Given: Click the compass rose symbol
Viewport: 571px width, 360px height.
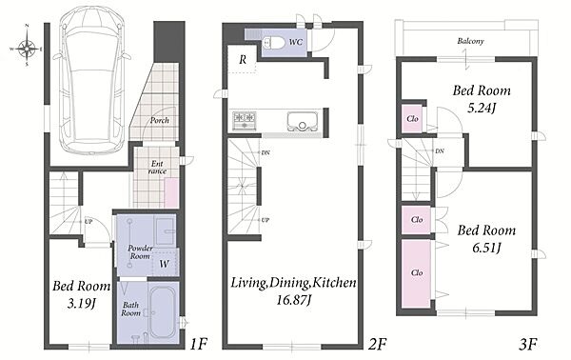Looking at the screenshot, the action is [27, 47].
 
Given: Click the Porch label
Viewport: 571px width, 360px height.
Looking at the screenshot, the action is [160, 120].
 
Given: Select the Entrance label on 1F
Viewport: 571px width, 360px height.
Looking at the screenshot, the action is [157, 168].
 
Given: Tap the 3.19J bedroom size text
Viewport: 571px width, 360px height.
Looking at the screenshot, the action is [81, 303].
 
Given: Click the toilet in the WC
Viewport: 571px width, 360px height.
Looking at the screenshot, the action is [274, 43].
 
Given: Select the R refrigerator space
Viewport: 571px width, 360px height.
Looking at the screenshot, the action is [243, 59].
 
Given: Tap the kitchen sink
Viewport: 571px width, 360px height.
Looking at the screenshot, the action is [303, 121].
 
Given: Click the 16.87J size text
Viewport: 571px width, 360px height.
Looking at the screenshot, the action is [293, 300].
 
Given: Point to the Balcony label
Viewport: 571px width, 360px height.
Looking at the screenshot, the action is [470, 41].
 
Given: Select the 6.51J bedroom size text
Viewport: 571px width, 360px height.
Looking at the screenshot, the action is [487, 248].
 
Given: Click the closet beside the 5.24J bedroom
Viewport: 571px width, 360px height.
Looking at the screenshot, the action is [412, 118].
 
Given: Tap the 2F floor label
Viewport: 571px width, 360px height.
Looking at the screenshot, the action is [377, 344].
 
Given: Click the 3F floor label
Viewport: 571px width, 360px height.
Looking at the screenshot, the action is [528, 344].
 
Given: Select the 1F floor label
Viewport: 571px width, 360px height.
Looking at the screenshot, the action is [199, 344].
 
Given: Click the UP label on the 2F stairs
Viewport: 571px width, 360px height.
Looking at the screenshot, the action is [266, 220].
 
